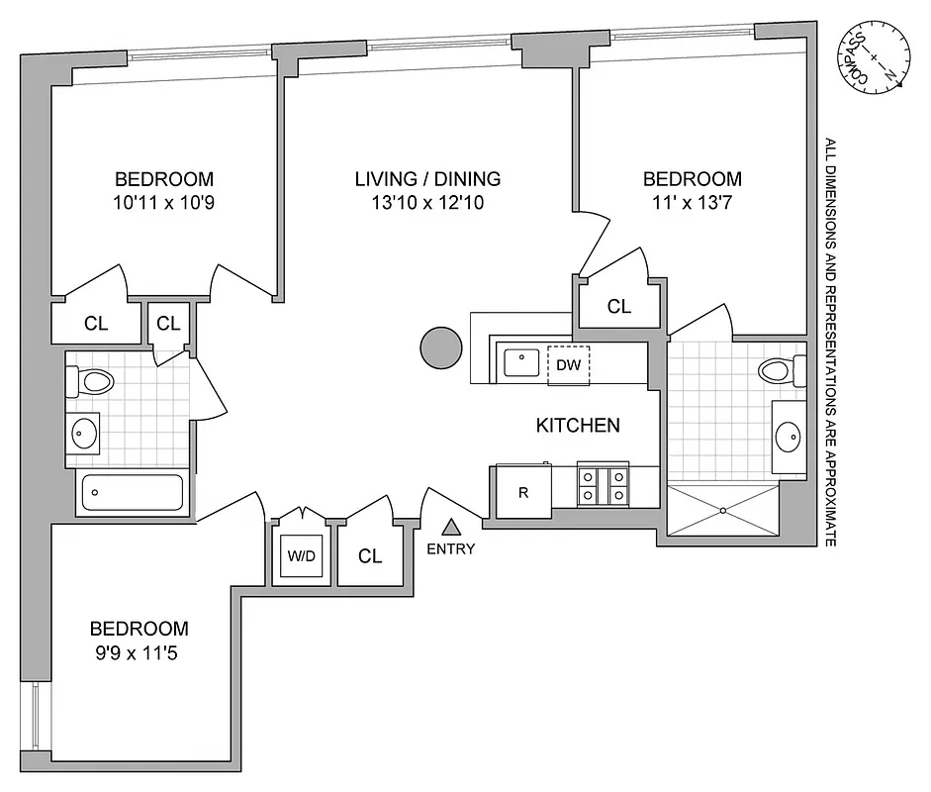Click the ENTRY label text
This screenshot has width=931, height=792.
pyautogui.click(x=451, y=549)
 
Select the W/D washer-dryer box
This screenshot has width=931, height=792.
pyautogui.click(x=301, y=556)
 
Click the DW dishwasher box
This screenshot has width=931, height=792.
pyautogui.click(x=568, y=365)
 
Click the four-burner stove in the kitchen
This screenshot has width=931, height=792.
pyautogui.click(x=604, y=485)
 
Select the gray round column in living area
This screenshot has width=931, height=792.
pyautogui.click(x=440, y=347)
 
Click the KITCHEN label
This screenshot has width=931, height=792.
pyautogui.click(x=578, y=426)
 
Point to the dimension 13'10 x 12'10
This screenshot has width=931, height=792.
pyautogui.click(x=428, y=203)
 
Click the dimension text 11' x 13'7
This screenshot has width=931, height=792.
pyautogui.click(x=692, y=203)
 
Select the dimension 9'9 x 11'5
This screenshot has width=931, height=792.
pyautogui.click(x=139, y=652)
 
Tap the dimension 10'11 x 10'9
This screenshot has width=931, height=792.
pyautogui.click(x=163, y=203)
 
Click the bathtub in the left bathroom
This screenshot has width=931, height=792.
pyautogui.click(x=132, y=492)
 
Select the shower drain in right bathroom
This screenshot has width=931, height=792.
pyautogui.click(x=724, y=511)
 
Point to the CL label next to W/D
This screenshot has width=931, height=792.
pyautogui.click(x=370, y=556)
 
